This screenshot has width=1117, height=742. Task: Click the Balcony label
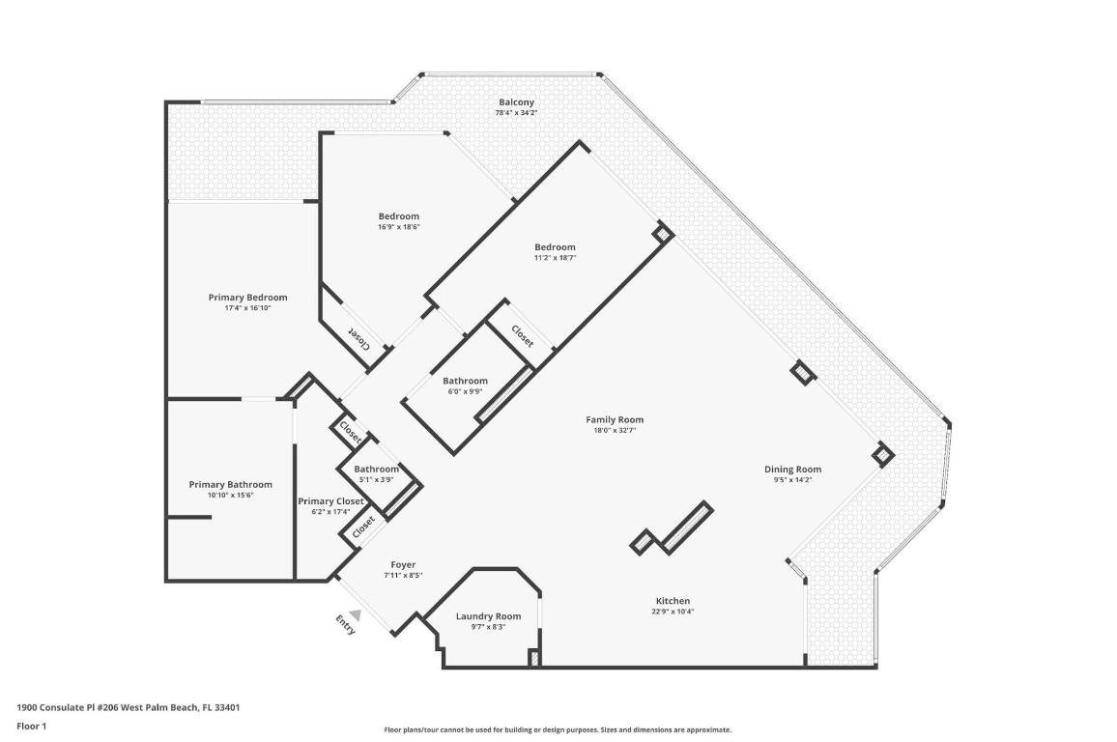click(x=516, y=102)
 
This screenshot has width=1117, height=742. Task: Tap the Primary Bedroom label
click(x=248, y=298)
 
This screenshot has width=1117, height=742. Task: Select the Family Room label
click(x=615, y=419)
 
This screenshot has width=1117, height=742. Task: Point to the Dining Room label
click(x=792, y=470)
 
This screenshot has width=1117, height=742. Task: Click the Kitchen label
click(x=673, y=601)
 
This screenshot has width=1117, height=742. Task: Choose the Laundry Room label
click(x=488, y=616)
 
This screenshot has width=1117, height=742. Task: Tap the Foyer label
click(x=403, y=565)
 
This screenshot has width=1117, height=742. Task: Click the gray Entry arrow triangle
click(x=356, y=614)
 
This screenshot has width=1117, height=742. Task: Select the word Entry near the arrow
click(x=345, y=625)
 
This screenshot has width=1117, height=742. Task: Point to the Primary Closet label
click(x=330, y=501)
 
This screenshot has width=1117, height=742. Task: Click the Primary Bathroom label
click(x=230, y=485)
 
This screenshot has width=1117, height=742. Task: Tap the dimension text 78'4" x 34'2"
click(x=516, y=113)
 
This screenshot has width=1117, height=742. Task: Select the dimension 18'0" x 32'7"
click(x=615, y=430)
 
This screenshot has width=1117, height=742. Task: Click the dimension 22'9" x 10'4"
click(x=673, y=612)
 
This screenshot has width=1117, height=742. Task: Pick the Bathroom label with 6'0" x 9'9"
click(x=465, y=381)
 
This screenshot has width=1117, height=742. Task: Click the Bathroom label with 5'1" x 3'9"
click(x=376, y=470)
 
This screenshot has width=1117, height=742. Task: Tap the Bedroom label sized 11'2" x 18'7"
click(x=555, y=247)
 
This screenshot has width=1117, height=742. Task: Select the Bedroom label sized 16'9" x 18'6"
click(x=398, y=216)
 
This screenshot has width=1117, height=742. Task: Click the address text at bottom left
click(x=129, y=707)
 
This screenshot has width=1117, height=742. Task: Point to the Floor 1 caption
click(x=32, y=726)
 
